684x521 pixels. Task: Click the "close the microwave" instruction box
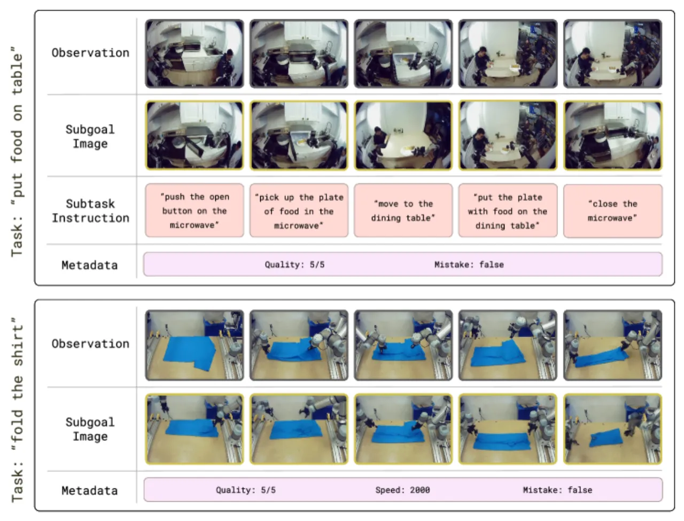(612, 211)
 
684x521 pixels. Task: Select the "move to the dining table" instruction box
(403, 211)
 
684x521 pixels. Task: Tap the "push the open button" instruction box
(195, 211)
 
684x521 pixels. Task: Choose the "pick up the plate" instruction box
(299, 211)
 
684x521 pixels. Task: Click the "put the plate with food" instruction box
(508, 211)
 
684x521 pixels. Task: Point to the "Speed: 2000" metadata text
(402, 490)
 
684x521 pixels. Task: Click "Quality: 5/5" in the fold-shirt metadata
(246, 490)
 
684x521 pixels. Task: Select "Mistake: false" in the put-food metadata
(469, 265)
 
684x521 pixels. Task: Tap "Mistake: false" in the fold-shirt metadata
(557, 490)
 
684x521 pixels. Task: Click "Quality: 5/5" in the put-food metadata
(294, 265)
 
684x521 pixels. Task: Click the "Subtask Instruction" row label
(90, 211)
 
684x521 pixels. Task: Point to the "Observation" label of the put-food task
(90, 53)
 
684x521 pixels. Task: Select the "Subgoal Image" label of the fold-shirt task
(90, 429)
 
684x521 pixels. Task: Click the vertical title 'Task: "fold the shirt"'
(17, 410)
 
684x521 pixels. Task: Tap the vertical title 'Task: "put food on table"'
(17, 152)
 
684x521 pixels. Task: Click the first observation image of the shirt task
(195, 345)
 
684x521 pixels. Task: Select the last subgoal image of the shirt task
(612, 429)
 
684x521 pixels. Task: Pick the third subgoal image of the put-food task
(403, 135)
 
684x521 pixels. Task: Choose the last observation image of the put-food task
(612, 53)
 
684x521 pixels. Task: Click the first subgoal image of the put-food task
(195, 135)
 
